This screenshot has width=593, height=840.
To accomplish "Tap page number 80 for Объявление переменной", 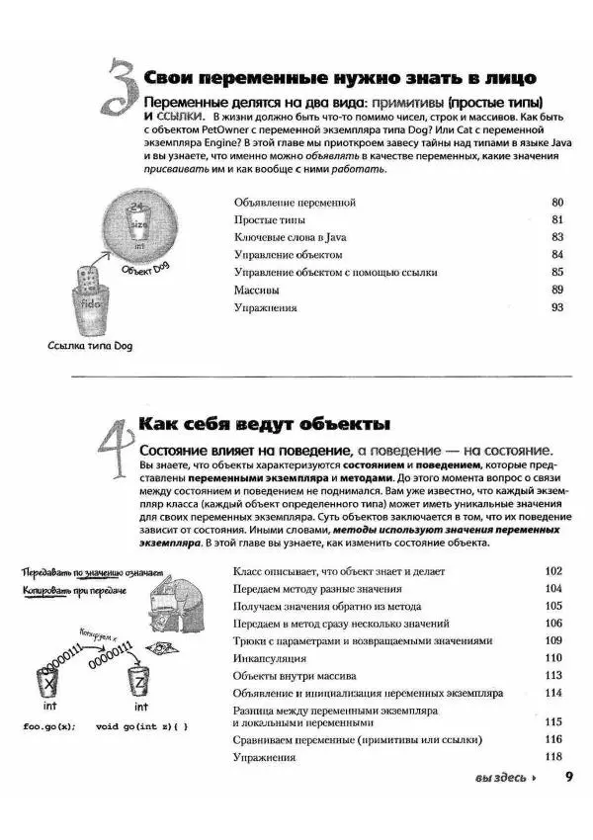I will (556, 203).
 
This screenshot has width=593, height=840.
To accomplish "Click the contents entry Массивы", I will (256, 290).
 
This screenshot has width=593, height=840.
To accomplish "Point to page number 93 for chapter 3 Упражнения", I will (556, 307).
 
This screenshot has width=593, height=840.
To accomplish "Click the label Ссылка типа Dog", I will (90, 346).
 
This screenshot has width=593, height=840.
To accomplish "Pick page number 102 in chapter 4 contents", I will (553, 571).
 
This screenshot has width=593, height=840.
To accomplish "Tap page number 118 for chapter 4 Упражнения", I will (553, 757).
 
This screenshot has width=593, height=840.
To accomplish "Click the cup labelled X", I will (46, 682).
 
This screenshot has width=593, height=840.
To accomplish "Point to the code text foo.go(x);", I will (47, 727).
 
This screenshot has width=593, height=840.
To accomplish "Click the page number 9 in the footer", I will (569, 777).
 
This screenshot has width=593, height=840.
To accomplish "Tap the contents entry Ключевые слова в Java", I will (290, 237).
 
